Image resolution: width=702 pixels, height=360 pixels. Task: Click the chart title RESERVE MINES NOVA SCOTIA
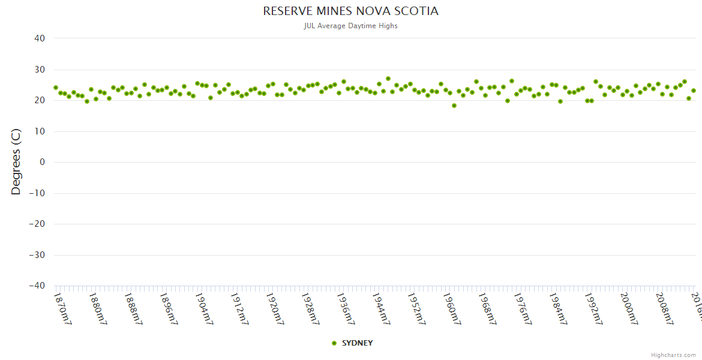point(350,11)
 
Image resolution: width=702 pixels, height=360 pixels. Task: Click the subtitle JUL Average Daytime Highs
point(350,26)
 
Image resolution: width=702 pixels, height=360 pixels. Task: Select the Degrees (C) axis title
point(16,162)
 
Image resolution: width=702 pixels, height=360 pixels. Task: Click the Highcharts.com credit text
point(673,355)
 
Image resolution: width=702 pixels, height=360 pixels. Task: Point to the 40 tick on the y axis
point(40,38)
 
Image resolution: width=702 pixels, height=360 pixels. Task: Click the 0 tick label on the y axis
point(43,162)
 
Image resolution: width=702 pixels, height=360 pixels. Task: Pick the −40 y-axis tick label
point(37,286)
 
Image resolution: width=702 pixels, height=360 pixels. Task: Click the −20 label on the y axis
point(37,224)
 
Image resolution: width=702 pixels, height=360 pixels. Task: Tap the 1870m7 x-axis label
point(62,308)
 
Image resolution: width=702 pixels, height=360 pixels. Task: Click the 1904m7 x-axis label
point(204,308)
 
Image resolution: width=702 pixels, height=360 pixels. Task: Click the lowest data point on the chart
point(454,106)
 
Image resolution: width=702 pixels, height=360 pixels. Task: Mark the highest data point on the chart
point(388,79)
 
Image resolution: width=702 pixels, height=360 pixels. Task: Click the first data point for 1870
point(56,88)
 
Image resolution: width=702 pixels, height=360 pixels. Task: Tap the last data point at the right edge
point(694,91)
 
